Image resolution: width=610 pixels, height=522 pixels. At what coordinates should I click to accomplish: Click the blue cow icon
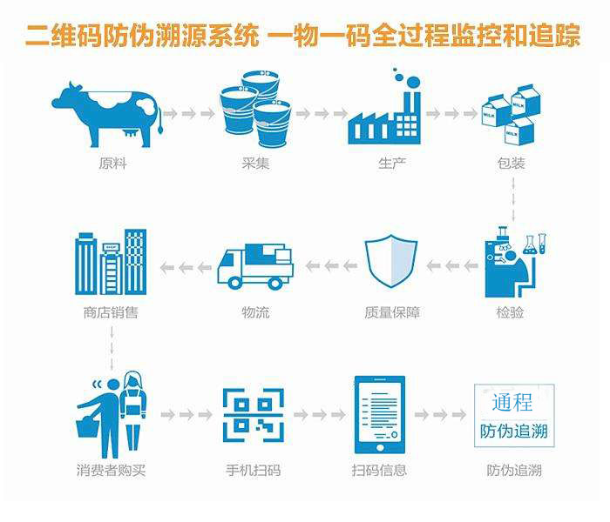pyautogui.click(x=106, y=113)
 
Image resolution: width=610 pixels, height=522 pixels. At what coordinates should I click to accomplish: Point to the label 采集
pyautogui.click(x=255, y=163)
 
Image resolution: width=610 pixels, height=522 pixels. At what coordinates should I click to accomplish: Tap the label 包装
pyautogui.click(x=511, y=163)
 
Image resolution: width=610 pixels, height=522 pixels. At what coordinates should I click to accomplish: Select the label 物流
pyautogui.click(x=255, y=311)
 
